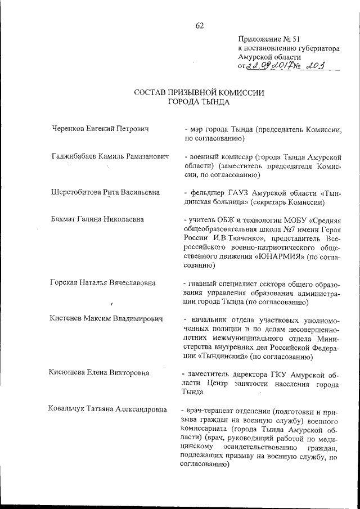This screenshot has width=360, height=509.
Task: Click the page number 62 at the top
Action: [x=200, y=25]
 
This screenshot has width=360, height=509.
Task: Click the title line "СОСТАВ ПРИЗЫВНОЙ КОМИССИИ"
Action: [x=199, y=92]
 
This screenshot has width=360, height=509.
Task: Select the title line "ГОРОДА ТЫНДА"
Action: [x=199, y=102]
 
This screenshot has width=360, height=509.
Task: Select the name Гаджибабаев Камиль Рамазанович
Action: [x=110, y=155]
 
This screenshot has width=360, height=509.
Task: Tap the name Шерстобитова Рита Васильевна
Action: [x=105, y=192]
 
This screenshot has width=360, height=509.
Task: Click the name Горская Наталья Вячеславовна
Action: [x=103, y=282]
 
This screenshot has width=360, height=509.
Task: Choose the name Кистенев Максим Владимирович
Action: [x=106, y=319]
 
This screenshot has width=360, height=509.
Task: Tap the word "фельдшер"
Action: [x=209, y=192]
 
